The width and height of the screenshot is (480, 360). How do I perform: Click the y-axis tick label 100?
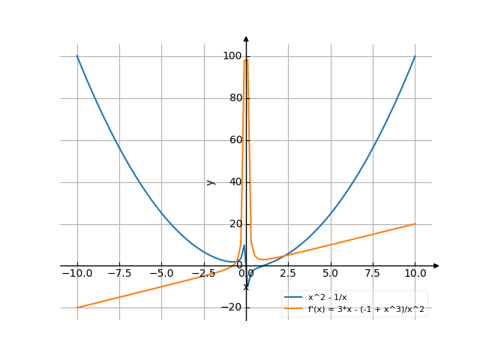231,56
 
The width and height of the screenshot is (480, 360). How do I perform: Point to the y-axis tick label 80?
233,98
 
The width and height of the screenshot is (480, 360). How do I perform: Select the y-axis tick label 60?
233,140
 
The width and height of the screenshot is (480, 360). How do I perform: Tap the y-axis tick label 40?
233,182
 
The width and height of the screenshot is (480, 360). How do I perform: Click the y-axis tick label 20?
233,224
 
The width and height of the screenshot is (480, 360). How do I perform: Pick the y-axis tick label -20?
231,307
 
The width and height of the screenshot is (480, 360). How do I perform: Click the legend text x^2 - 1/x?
328,298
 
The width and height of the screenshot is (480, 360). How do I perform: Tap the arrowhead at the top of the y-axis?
246,37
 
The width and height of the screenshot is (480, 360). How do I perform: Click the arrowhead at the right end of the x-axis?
436,265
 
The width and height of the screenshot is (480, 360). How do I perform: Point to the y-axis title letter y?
211,181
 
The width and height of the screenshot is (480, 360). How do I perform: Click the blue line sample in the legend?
293,298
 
